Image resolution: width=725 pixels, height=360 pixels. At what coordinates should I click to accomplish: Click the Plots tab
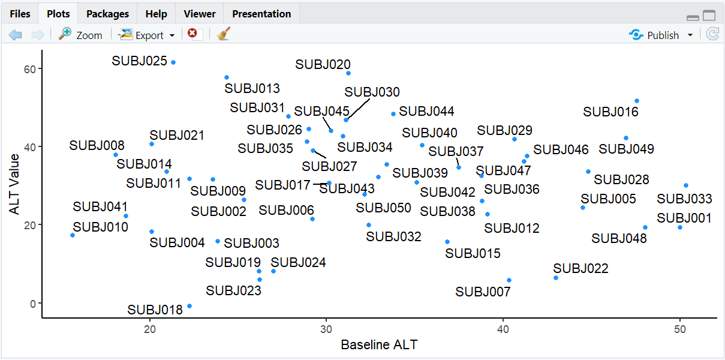(58, 14)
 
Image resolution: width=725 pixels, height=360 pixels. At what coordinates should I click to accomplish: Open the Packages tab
(107, 14)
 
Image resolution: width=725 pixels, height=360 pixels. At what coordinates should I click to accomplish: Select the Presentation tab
(261, 14)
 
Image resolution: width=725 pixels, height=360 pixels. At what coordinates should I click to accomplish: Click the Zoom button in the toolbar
(81, 35)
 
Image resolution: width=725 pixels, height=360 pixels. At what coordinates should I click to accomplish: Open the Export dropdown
(148, 35)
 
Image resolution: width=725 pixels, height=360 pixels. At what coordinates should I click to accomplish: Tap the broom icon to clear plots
(224, 34)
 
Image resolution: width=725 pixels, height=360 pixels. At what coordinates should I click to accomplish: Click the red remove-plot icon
(192, 34)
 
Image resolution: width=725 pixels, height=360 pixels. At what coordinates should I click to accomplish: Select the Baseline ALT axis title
(379, 345)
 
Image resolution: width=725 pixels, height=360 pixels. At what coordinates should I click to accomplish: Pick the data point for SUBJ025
(173, 62)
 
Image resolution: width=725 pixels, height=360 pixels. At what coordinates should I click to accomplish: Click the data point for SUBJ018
(189, 306)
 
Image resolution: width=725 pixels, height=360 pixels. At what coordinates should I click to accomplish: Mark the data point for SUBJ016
(637, 101)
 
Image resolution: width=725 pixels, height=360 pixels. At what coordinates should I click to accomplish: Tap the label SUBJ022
(580, 268)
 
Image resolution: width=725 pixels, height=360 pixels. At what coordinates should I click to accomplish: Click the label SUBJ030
(372, 92)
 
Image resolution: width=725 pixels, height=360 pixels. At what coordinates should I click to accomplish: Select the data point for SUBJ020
(348, 73)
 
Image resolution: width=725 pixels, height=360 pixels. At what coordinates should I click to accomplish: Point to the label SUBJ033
(684, 199)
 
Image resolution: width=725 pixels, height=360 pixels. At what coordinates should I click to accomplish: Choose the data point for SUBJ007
(509, 280)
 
